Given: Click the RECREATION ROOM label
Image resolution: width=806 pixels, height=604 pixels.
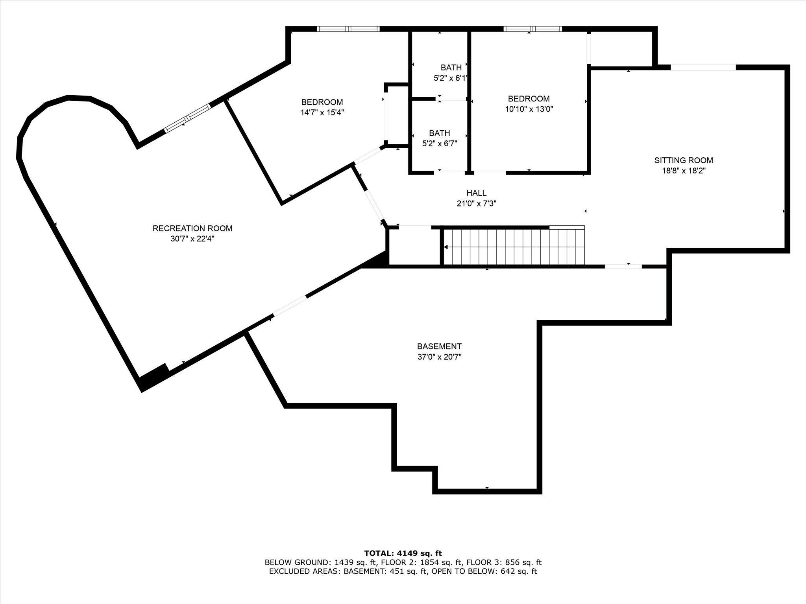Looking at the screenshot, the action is click(x=192, y=228).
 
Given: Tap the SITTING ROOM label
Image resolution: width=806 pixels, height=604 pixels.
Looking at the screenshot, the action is click(x=684, y=160).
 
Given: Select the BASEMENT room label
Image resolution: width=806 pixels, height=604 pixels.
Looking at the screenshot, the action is click(x=439, y=346).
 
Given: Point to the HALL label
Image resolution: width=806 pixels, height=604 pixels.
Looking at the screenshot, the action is click(x=476, y=193).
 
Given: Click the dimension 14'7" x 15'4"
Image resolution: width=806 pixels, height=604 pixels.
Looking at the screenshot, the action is click(x=322, y=112).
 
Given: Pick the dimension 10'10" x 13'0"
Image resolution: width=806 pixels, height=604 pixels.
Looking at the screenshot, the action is click(x=529, y=109).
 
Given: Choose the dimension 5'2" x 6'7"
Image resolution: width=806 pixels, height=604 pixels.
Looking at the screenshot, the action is click(x=440, y=144).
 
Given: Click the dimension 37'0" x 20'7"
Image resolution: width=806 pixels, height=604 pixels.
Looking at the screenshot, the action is click(x=439, y=357).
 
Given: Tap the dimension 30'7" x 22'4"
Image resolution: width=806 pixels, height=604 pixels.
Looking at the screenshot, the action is click(x=192, y=239).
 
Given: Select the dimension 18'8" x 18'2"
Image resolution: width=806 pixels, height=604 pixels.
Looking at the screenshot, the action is click(x=684, y=171).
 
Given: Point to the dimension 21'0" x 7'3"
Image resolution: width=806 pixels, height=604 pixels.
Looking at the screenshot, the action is click(x=476, y=204).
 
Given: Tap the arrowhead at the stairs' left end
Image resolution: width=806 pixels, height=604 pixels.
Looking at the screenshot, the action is click(x=446, y=247).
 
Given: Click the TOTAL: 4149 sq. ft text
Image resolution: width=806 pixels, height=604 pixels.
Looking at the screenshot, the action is click(x=403, y=554).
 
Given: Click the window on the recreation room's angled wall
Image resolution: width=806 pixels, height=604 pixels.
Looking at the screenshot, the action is click(x=188, y=118).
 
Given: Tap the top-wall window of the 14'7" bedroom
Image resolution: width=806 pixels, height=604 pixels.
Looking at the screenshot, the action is click(x=348, y=29).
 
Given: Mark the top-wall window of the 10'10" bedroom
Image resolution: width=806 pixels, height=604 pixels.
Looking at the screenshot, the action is click(x=532, y=29).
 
